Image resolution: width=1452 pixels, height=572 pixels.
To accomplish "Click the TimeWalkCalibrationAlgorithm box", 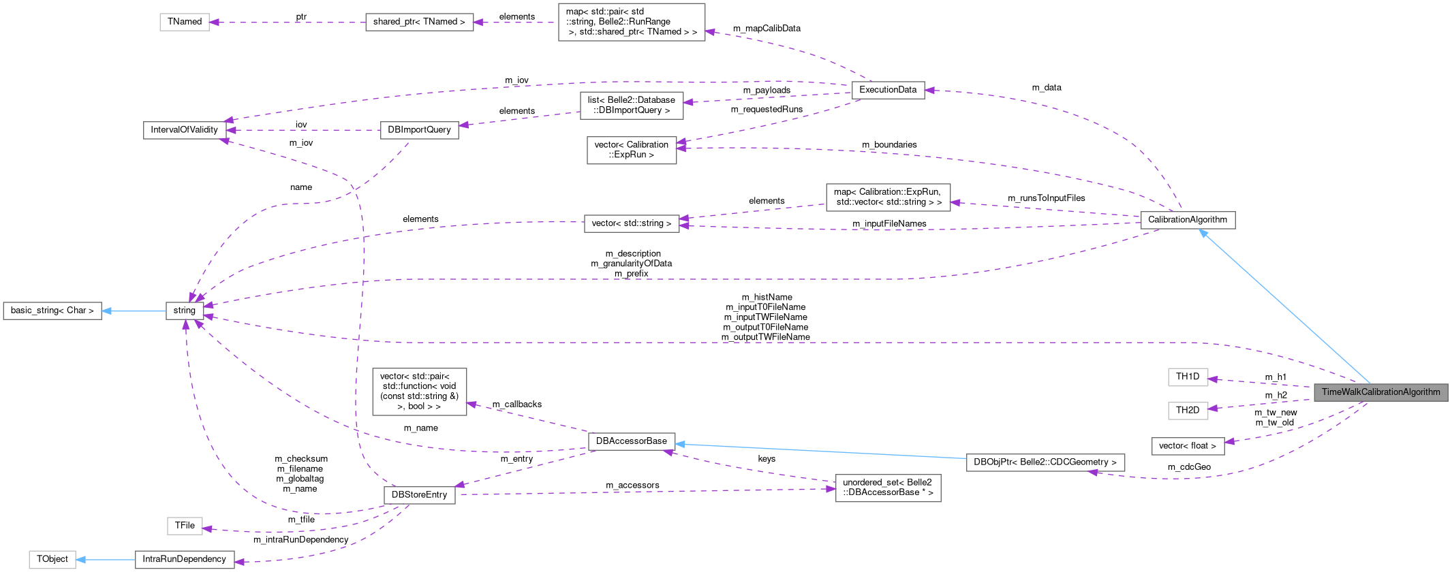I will click(1380, 392).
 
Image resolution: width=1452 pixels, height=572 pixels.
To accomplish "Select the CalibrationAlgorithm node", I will click(1187, 220).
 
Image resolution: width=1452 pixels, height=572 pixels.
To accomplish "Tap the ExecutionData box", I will click(888, 90).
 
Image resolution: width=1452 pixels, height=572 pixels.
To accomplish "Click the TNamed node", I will click(185, 22).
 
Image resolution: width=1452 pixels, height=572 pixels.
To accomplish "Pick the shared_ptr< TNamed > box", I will click(419, 22).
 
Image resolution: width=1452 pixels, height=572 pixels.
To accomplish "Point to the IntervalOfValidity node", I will click(184, 130).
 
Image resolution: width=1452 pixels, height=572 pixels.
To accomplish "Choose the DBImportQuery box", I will click(419, 130).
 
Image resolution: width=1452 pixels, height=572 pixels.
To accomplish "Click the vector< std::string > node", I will click(632, 223).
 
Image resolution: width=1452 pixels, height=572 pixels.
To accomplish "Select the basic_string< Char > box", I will click(52, 311).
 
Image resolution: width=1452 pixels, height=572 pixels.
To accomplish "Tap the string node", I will click(185, 311).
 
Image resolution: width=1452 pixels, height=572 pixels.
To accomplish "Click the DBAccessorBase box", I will click(632, 441).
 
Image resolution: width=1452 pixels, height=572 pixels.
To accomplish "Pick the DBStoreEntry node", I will click(419, 495).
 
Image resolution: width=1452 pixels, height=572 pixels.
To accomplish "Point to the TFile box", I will click(185, 526).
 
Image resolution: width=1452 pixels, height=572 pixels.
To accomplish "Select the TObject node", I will click(52, 559).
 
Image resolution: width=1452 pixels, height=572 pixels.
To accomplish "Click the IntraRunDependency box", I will click(184, 560).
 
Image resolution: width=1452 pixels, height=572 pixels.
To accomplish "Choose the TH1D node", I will click(1188, 377).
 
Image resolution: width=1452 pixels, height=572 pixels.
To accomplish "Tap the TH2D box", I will click(1188, 410).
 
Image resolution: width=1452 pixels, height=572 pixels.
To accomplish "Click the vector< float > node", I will click(1188, 446).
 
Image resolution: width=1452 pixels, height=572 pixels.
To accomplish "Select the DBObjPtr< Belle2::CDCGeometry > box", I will click(1045, 462).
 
